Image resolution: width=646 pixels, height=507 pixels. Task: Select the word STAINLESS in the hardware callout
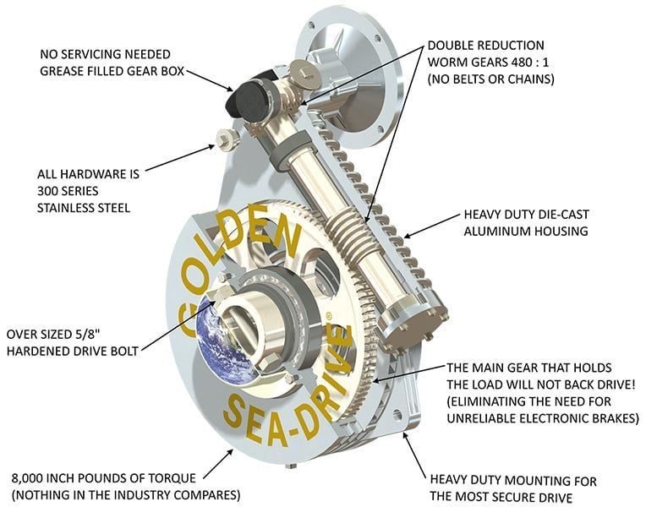[x=64, y=208]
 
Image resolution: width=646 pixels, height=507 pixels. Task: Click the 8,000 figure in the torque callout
[x=27, y=478]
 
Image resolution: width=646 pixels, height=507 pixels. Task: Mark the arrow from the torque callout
[x=219, y=464]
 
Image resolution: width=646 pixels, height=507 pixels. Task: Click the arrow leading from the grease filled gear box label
[x=210, y=81]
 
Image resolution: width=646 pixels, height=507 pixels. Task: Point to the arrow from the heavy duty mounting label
[x=414, y=455]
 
